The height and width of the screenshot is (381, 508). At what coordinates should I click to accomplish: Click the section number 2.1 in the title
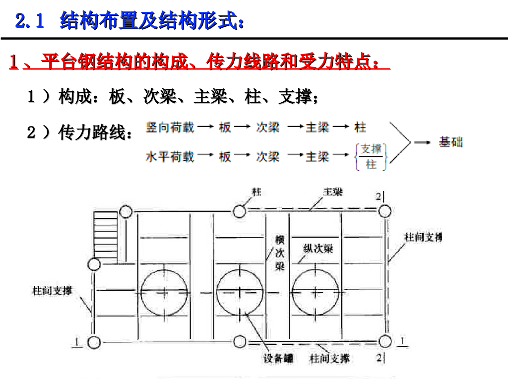30,21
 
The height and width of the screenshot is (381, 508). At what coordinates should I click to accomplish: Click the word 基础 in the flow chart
451,142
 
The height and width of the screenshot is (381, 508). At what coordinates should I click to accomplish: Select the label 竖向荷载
170,127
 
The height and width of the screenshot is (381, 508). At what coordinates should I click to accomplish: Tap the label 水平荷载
170,157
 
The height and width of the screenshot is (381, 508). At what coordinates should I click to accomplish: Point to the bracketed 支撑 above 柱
371,149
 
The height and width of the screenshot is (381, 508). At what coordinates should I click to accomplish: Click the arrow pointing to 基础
422,143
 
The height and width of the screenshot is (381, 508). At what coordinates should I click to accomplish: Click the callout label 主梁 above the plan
333,191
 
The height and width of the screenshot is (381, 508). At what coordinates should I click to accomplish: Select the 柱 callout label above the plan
256,191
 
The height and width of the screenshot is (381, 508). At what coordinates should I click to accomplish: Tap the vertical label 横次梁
280,253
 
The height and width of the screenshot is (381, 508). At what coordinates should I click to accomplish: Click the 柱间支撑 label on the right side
423,237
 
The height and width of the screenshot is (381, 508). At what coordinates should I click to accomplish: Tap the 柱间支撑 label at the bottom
329,358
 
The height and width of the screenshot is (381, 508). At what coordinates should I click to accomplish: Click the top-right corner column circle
384,212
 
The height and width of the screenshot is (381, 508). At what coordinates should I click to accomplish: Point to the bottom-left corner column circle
94,342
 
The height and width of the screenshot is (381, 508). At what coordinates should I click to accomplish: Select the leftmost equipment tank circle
164,292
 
